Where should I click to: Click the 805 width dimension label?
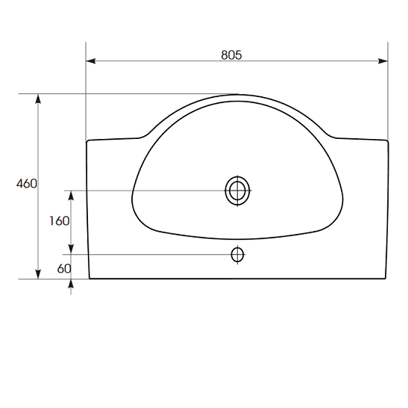point(231,55)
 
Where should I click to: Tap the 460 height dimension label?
point(27,184)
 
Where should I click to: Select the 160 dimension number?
point(60,221)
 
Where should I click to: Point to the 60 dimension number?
point(64,268)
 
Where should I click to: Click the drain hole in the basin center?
point(237,191)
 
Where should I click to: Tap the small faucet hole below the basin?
point(237,255)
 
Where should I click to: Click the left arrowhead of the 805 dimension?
point(90,61)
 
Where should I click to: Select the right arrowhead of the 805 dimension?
point(383,61)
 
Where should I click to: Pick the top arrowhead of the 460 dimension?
point(38,99)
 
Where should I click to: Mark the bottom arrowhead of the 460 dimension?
point(38,274)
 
